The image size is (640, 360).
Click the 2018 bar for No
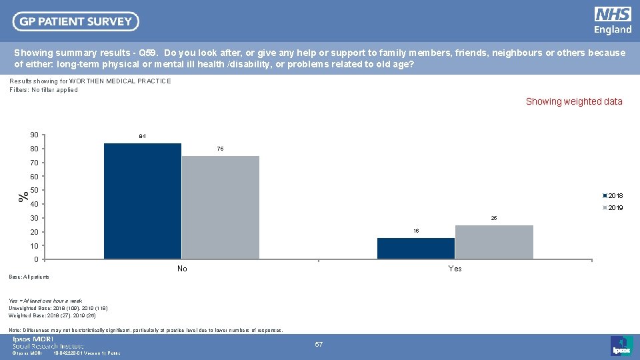[143, 201]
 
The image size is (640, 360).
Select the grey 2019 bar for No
[220, 207]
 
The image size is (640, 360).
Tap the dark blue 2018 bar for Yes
[416, 248]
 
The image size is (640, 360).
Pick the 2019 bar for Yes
[494, 242]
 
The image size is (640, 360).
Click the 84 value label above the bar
[143, 137]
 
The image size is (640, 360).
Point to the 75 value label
[221, 149]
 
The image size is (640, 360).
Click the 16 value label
[416, 231]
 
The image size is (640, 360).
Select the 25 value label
[494, 218]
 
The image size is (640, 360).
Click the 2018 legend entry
[614, 195]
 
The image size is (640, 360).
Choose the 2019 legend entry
[614, 208]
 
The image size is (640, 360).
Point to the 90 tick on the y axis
[34, 135]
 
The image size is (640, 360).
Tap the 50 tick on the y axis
[34, 191]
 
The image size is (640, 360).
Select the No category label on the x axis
[182, 269]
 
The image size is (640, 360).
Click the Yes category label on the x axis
[455, 269]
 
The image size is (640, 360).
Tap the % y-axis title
[23, 197]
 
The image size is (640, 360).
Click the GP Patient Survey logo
[76, 21]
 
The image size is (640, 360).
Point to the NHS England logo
[613, 21]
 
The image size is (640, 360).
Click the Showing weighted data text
[574, 102]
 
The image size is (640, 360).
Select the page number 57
[319, 345]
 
